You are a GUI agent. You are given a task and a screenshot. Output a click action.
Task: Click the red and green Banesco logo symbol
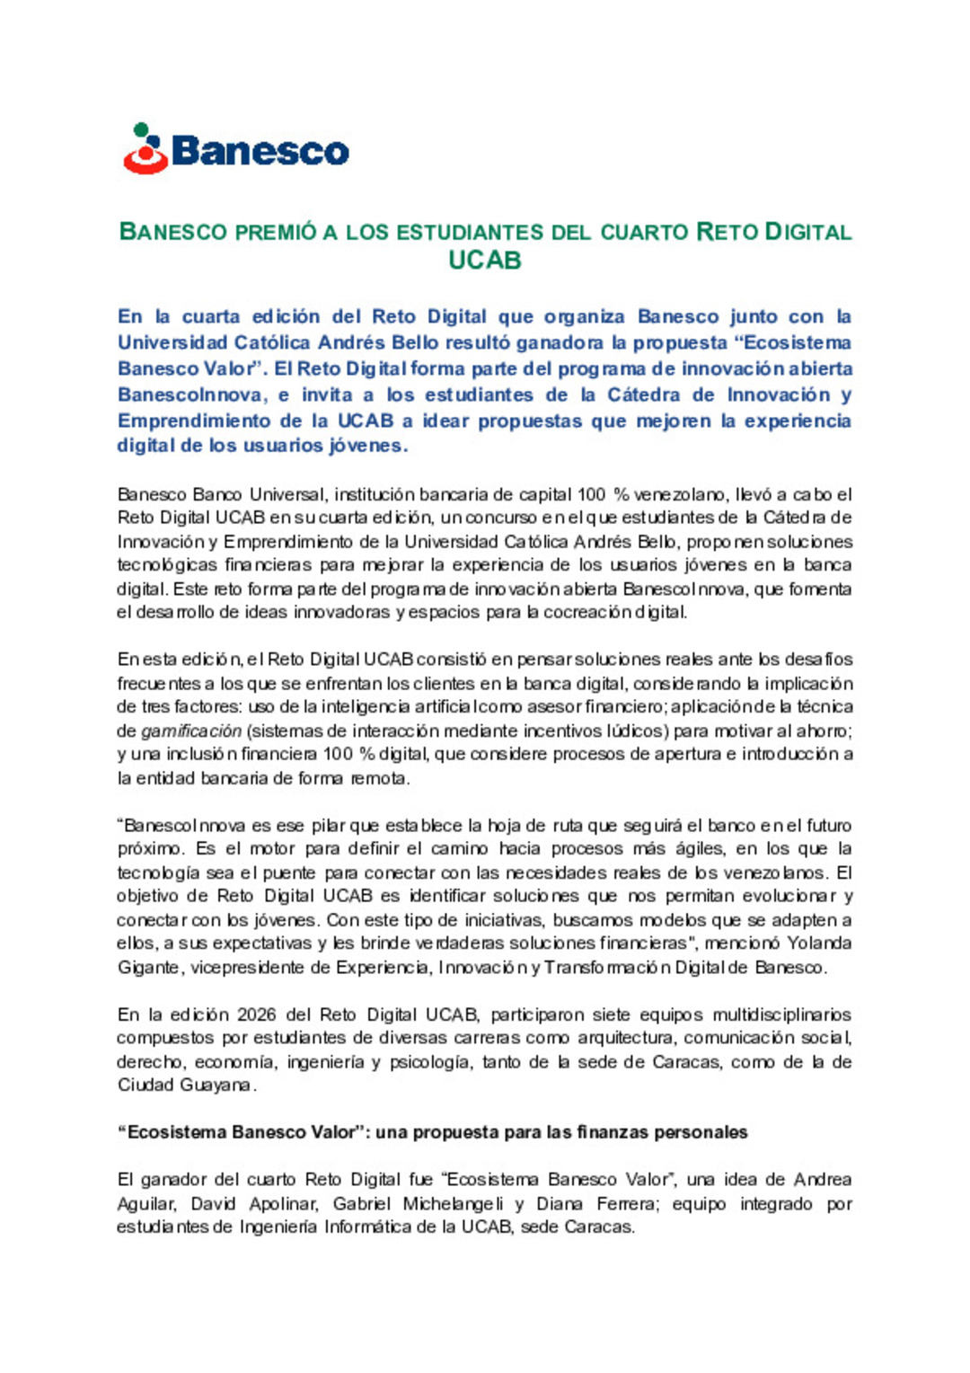pos(145,149)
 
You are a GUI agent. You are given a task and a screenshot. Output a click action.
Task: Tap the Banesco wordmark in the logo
pos(260,151)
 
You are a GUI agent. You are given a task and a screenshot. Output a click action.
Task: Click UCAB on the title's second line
pos(485,261)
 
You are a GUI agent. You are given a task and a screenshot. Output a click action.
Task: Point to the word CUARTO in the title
pos(644,232)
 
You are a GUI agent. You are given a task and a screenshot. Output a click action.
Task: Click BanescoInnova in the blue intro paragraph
pos(191,394)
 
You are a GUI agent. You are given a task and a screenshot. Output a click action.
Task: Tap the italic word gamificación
pos(191,731)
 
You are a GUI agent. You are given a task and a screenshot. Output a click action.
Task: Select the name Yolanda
pos(819,943)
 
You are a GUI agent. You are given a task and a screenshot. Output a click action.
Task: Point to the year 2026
pos(257,1014)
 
